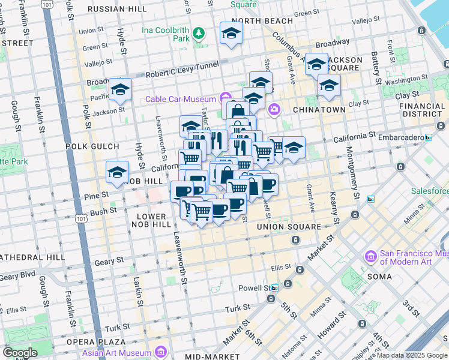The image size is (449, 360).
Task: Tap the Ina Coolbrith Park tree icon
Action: coord(197,34)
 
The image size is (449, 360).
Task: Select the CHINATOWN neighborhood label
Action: coord(319,110)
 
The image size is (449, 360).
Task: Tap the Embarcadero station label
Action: coord(399,137)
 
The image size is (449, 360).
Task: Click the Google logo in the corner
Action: coord(20,353)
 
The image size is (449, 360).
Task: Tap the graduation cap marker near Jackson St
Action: coord(120,90)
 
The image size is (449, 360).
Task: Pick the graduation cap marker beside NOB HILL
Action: coord(117,173)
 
